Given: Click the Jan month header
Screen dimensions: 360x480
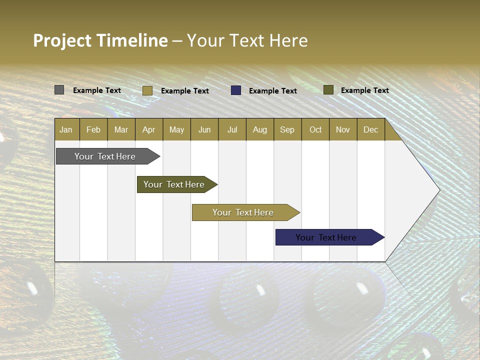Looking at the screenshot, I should pyautogui.click(x=66, y=129).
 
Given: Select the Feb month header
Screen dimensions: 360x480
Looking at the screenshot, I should pyautogui.click(x=93, y=129).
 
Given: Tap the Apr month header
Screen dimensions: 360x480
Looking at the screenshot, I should pyautogui.click(x=149, y=129).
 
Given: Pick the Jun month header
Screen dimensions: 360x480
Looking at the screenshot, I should pyautogui.click(x=204, y=129).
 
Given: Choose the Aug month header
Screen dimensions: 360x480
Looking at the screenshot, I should pyautogui.click(x=260, y=129).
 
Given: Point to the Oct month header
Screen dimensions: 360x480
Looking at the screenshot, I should pyautogui.click(x=315, y=129).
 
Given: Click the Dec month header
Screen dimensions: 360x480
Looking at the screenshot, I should pyautogui.click(x=371, y=129).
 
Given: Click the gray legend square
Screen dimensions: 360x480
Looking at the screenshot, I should pyautogui.click(x=59, y=90).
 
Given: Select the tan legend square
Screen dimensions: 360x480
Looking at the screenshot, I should pyautogui.click(x=147, y=90).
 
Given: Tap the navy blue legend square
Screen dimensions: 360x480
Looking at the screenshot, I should pyautogui.click(x=236, y=90).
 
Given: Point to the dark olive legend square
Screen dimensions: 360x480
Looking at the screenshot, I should pyautogui.click(x=328, y=90).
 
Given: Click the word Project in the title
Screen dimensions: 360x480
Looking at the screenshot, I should pyautogui.click(x=62, y=40).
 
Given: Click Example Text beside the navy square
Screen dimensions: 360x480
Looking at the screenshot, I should pyautogui.click(x=273, y=91).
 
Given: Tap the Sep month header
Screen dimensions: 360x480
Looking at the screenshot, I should pyautogui.click(x=287, y=129).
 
